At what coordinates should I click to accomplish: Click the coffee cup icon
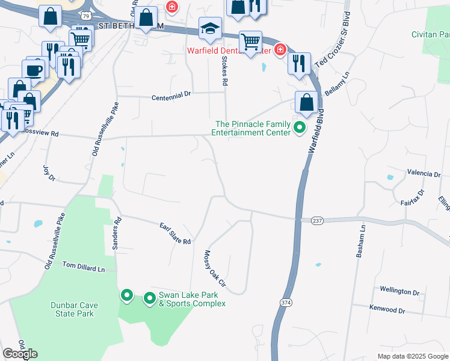coord(35,70)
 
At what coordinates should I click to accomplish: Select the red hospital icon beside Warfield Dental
coord(280,49)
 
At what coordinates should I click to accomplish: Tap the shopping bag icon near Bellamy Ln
coord(307,103)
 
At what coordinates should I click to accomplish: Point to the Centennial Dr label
coord(170,95)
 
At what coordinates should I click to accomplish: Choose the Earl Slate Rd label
coord(175,233)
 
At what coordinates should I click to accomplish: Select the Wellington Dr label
coord(399,291)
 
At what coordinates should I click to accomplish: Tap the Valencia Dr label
coord(424,173)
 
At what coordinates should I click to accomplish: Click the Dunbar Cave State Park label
coord(75,309)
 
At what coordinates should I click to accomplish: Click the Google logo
coord(20,354)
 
